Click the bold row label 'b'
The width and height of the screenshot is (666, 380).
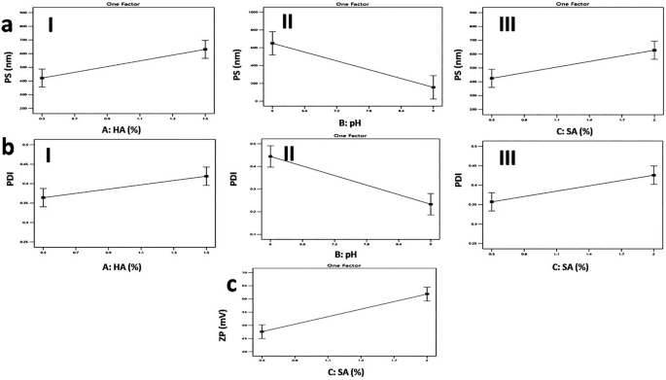tap(9, 151)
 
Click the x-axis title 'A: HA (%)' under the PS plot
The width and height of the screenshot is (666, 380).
tap(123, 125)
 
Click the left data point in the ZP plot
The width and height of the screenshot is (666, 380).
tap(262, 331)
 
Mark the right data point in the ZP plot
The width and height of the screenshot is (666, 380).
tap(427, 294)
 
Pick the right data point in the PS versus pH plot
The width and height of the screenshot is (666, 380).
tap(433, 87)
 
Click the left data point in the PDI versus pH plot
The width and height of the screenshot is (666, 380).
tap(270, 156)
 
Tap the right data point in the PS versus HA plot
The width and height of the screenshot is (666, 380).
tap(205, 50)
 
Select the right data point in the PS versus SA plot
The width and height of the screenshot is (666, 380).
tap(653, 51)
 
